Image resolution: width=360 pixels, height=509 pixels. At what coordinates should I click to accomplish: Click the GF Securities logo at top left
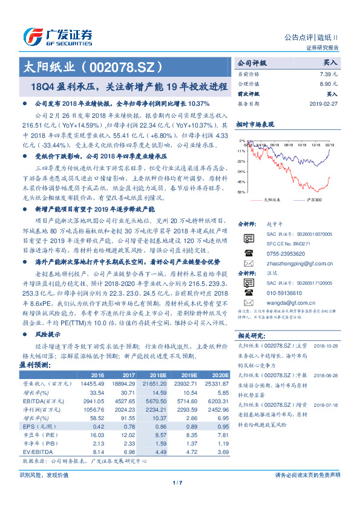tap(57, 35)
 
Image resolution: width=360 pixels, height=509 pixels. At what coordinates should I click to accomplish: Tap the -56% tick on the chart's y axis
tap(241, 192)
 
